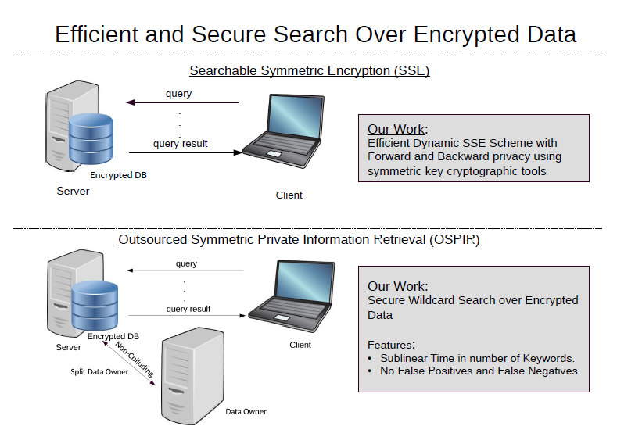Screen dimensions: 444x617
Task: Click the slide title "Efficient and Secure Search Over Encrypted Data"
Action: click(x=315, y=34)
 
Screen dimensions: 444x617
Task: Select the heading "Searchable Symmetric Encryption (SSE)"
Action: click(x=309, y=70)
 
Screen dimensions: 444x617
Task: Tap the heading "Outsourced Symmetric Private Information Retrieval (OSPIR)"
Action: click(x=299, y=239)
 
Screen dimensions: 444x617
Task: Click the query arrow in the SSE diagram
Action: click(x=183, y=102)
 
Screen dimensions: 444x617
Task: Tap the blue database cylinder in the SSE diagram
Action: click(x=91, y=136)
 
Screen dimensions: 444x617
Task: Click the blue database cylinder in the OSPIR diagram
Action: click(x=95, y=304)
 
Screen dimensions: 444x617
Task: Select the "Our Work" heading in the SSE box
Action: click(x=397, y=129)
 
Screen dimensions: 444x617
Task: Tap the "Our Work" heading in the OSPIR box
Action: click(x=397, y=286)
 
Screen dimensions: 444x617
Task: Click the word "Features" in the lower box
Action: click(x=389, y=344)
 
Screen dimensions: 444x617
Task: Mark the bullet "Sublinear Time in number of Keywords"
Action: click(x=477, y=358)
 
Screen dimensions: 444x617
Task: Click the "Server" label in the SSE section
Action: click(x=73, y=191)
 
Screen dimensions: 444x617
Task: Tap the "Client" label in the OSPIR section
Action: click(x=300, y=345)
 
